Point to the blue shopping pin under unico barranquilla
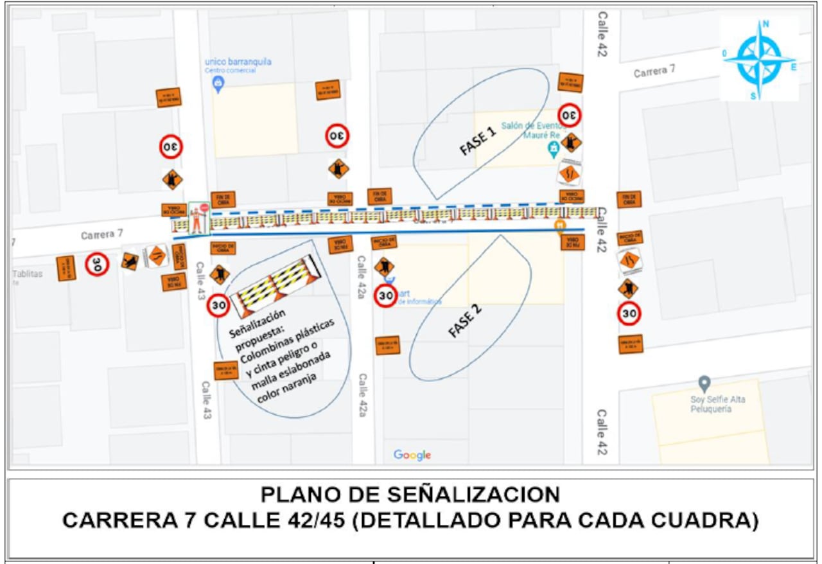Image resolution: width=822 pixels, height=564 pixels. pos(218,83)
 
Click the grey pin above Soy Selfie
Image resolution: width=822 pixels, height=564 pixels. pos(704,383)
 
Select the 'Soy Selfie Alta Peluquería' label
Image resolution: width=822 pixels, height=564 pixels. pos(718,404)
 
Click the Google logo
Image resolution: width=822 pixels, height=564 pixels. pos(412,455)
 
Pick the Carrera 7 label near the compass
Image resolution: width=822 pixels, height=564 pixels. pos(654,71)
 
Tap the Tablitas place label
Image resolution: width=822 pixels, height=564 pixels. pos(28,274)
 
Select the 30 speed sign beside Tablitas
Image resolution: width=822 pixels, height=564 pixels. pos(97,263)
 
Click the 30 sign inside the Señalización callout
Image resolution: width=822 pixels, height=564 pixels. pos(219,305)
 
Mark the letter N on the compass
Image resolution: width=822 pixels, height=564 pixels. pos(766,24)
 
